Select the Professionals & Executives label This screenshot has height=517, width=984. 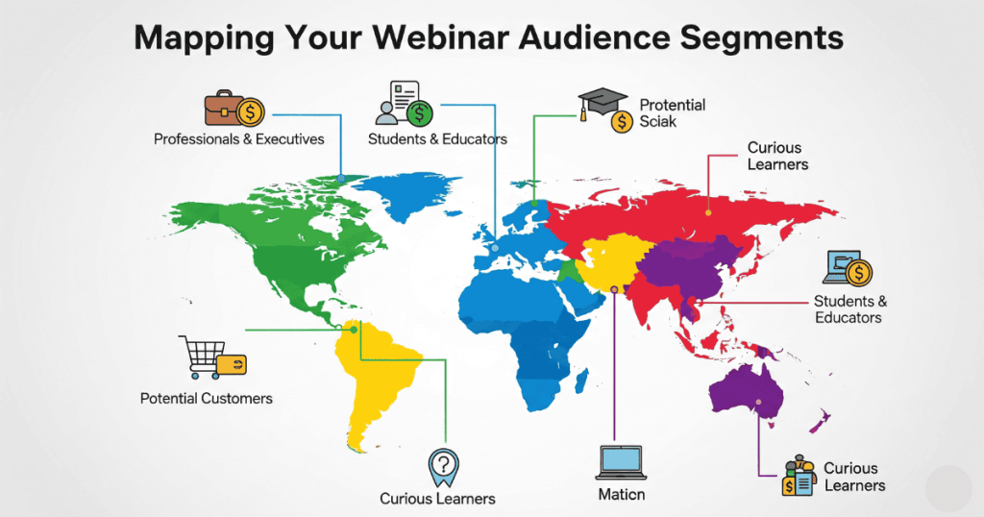[x=239, y=139]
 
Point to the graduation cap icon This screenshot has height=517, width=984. [x=603, y=102]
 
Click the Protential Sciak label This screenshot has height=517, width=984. [x=672, y=113]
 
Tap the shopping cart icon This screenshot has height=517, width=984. [x=202, y=357]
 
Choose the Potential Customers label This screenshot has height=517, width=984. [x=207, y=398]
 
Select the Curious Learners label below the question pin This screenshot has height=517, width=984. [x=437, y=498]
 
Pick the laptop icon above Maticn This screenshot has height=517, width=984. [x=620, y=462]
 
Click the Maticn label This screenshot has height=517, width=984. [x=620, y=495]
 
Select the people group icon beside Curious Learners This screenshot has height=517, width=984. [x=798, y=474]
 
